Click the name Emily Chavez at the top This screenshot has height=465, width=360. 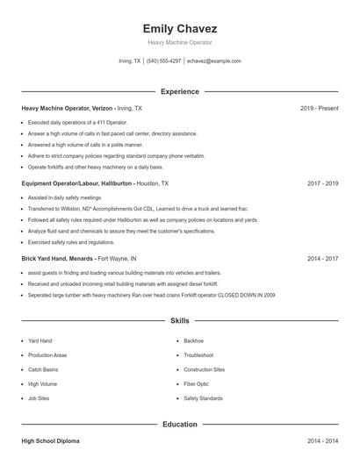pyautogui.click(x=180, y=28)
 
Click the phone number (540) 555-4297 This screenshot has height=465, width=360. pyautogui.click(x=163, y=61)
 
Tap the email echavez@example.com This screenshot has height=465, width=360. pyautogui.click(x=212, y=61)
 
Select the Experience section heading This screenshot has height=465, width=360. pyautogui.click(x=180, y=91)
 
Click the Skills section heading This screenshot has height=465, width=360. pyautogui.click(x=180, y=322)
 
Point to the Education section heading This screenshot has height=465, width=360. pyautogui.click(x=180, y=425)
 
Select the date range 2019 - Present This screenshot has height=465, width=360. pyautogui.click(x=319, y=108)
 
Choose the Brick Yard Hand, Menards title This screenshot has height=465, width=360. pyautogui.click(x=58, y=259)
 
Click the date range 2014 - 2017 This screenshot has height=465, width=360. pyautogui.click(x=322, y=259)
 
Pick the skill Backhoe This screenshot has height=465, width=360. pyautogui.click(x=193, y=340)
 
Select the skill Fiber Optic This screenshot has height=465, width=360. pyautogui.click(x=196, y=384)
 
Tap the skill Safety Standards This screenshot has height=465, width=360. pyautogui.click(x=203, y=398)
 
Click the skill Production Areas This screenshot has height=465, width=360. pyautogui.click(x=47, y=355)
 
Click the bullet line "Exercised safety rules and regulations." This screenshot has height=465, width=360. pyautogui.click(x=71, y=242)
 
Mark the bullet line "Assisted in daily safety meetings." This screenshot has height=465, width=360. pyautogui.click(x=65, y=198)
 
